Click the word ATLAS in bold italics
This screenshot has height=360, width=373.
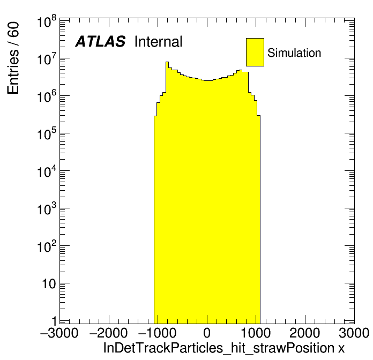tap(100, 42)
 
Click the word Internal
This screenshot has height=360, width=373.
tap(159, 42)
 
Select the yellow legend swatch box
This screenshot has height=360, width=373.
tap(255, 52)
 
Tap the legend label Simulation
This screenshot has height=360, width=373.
tap(294, 53)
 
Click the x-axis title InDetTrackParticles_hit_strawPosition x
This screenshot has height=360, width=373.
tap(223, 348)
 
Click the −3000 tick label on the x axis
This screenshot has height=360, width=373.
tap(59, 333)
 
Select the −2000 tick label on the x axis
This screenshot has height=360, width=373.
tap(109, 333)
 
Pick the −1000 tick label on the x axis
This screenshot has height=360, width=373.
tap(158, 333)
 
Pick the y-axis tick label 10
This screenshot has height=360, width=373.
tap(48, 284)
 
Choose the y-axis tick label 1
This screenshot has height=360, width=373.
tap(53, 322)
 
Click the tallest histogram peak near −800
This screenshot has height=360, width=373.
tap(167, 63)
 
